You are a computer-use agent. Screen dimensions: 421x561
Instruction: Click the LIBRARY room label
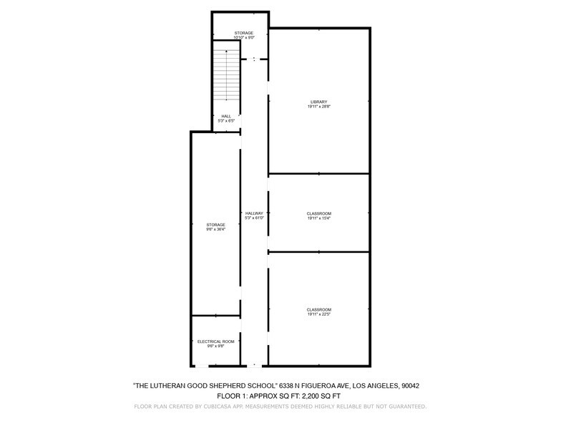pyautogui.click(x=319, y=102)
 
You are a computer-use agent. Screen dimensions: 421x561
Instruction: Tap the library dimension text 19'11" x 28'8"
pyautogui.click(x=319, y=107)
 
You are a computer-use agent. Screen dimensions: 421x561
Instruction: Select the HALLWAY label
pyautogui.click(x=254, y=213)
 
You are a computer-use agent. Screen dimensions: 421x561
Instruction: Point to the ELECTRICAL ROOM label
pyautogui.click(x=215, y=342)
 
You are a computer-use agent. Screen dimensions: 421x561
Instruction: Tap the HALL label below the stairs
pyautogui.click(x=226, y=116)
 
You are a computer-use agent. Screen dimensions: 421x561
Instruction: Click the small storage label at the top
pyautogui.click(x=245, y=33)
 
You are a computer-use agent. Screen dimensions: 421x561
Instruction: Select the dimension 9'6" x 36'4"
pyautogui.click(x=215, y=229)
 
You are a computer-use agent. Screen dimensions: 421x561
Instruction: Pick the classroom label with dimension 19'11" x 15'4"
pyautogui.click(x=319, y=213)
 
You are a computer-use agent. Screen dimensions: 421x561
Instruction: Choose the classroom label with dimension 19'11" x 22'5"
pyautogui.click(x=319, y=309)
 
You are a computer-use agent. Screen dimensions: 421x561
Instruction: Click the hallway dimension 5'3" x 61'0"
pyautogui.click(x=254, y=218)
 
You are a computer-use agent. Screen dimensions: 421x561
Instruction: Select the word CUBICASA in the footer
pyautogui.click(x=203, y=406)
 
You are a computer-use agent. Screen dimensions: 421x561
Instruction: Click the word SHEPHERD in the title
pyautogui.click(x=214, y=385)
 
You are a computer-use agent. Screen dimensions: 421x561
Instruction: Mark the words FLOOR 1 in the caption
pyautogui.click(x=229, y=395)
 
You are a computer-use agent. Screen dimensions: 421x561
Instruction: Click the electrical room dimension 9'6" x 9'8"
pyautogui.click(x=215, y=347)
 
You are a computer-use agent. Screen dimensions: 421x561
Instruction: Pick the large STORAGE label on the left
pyautogui.click(x=215, y=224)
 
